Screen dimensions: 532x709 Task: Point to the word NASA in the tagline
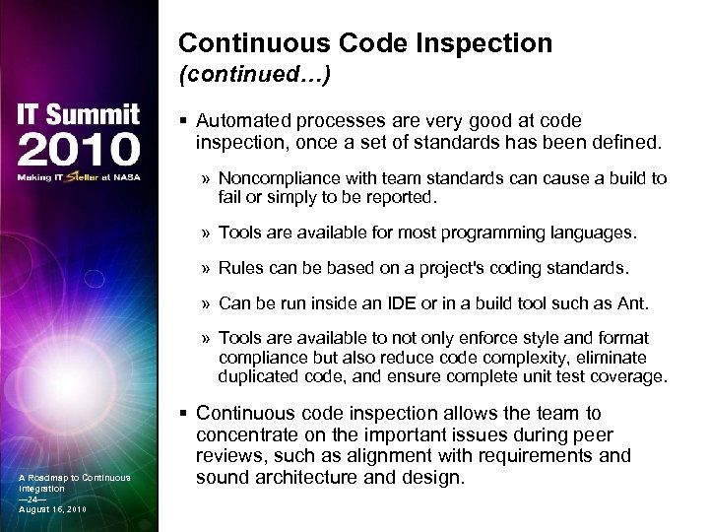click(129, 177)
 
